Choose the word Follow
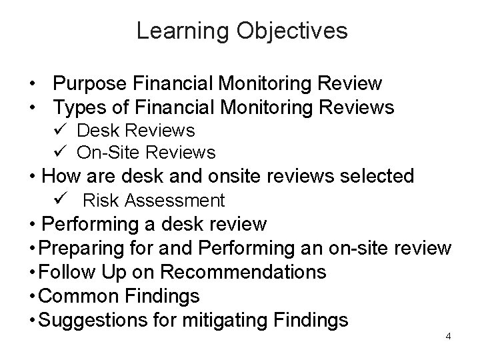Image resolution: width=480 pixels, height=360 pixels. coord(69,272)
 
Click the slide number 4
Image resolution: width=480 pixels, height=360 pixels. coord(448,336)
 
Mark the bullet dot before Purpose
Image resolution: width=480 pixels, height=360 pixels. coord(31,85)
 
